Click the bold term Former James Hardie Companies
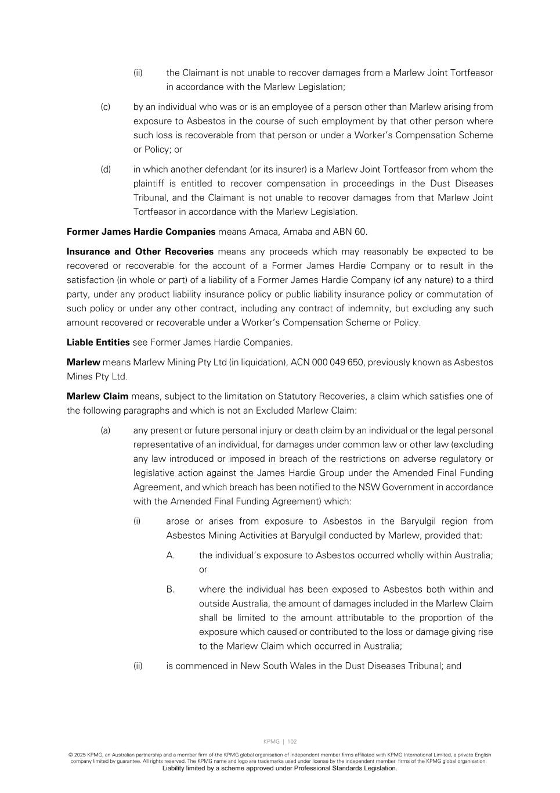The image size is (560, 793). [141, 232]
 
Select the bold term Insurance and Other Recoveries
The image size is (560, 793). [140, 252]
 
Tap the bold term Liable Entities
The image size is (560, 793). [98, 342]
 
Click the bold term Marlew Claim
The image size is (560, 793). [97, 396]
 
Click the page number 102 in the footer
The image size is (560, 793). [292, 741]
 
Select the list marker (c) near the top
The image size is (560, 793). [106, 107]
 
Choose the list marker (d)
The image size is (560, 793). [106, 170]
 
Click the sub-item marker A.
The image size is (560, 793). [171, 555]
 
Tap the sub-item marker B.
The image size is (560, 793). [171, 589]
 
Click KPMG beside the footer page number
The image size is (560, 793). [271, 741]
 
